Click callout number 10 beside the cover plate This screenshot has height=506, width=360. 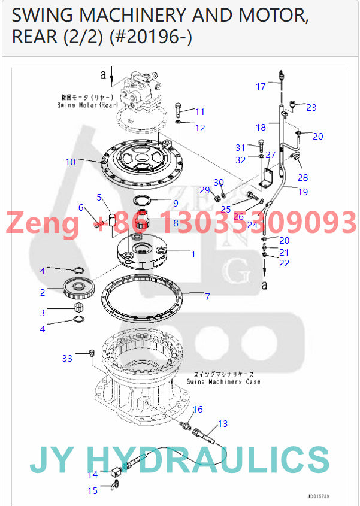71,162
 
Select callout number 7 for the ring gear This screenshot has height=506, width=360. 207,296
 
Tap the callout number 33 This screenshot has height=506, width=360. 68,358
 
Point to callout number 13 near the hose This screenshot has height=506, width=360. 222,424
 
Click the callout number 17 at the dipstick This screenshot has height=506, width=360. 261,87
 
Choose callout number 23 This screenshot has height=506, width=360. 311,108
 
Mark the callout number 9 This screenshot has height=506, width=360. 175,203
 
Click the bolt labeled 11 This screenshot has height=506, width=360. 181,110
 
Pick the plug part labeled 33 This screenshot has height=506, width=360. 92,352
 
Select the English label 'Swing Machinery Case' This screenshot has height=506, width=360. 223,381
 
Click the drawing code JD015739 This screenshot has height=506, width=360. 318,496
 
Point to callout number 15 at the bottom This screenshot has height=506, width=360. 92,490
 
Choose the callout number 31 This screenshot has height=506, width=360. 240,147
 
